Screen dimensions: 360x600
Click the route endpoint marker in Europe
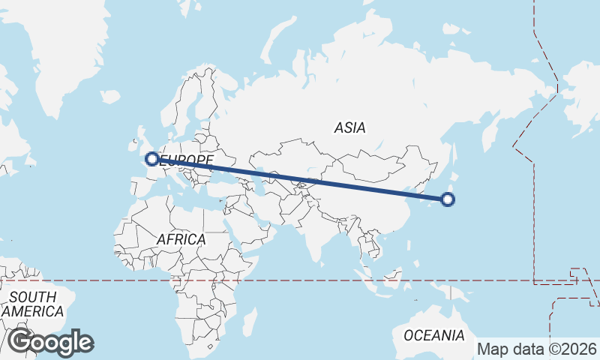coord(152,159)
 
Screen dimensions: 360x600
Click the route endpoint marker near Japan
coord(448,199)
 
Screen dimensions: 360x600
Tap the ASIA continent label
coord(350,128)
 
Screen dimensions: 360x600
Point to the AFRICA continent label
coord(181,239)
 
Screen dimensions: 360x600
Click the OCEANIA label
coord(434,335)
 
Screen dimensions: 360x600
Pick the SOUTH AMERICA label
coord(32,304)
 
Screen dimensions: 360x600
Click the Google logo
coord(50,342)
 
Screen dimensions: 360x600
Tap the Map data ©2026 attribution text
coord(537,349)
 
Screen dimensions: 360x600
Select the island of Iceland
coord(109,97)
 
